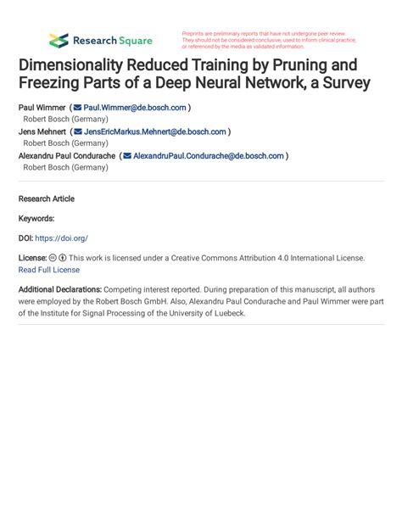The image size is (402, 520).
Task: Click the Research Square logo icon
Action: coord(59,40)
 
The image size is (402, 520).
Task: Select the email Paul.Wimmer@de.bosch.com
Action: coord(135,108)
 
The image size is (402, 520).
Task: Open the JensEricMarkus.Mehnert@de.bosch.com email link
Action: coord(155,131)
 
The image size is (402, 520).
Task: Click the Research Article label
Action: coord(46,198)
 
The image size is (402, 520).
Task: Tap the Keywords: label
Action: coord(36,218)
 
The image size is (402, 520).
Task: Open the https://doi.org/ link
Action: coord(61,238)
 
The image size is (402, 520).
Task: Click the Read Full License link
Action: coord(49,270)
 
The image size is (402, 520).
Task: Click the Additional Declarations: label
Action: coord(60,289)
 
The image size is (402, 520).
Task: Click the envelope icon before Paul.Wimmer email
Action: coord(77,108)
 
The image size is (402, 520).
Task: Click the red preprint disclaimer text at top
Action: coord(267,40)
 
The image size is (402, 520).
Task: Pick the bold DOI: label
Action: coord(25,238)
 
